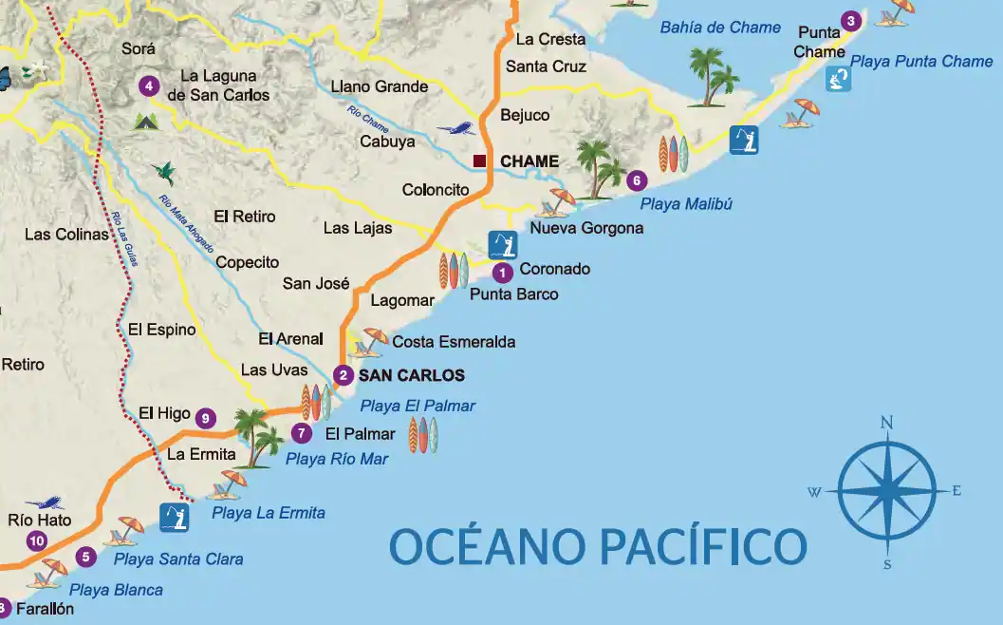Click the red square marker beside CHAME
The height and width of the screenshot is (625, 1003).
point(480,161)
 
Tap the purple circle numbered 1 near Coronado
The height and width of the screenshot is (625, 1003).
point(503,273)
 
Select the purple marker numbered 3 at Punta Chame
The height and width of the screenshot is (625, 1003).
point(851,21)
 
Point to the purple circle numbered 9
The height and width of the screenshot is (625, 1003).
point(205,418)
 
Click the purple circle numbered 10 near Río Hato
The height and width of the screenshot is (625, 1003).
point(37,541)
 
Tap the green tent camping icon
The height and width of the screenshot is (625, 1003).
point(145,121)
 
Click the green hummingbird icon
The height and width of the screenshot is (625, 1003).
point(165,171)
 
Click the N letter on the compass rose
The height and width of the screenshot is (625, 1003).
point(886,423)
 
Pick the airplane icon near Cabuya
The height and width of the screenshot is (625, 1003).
point(455,128)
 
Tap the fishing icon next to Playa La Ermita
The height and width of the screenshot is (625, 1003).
point(175,517)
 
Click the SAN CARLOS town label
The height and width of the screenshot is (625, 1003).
point(411,375)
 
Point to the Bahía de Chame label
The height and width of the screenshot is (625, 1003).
point(720,28)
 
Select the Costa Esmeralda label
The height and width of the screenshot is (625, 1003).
point(454,341)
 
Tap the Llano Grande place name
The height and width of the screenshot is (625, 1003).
point(379,86)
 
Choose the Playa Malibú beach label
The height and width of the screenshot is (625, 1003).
point(686,203)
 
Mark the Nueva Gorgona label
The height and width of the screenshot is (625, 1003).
point(586,228)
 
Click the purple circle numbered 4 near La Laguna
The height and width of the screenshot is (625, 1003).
point(148,85)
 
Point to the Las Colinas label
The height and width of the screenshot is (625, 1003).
point(66,234)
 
